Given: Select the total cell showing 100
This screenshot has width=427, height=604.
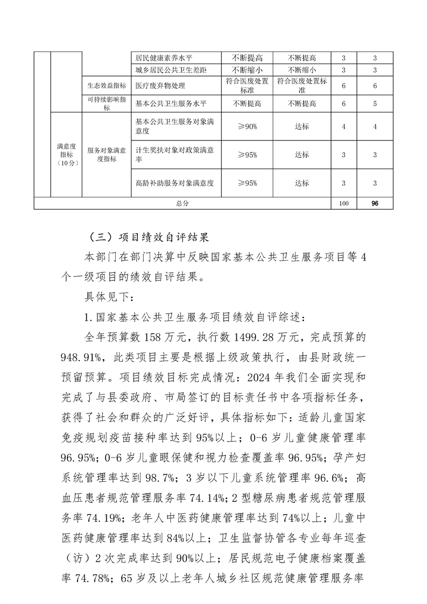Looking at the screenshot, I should tap(345, 203).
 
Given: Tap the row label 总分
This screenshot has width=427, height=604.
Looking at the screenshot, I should tap(183, 203).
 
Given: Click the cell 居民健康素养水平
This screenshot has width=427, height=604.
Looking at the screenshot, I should tap(161, 58).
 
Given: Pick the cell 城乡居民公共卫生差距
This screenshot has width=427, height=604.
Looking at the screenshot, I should tap(164, 70).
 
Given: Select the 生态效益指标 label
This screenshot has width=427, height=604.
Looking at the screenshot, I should tap(107, 86).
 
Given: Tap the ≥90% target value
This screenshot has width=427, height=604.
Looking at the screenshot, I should tap(247, 127).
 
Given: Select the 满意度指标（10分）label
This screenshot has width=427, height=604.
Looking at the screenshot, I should tap(66, 155).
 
